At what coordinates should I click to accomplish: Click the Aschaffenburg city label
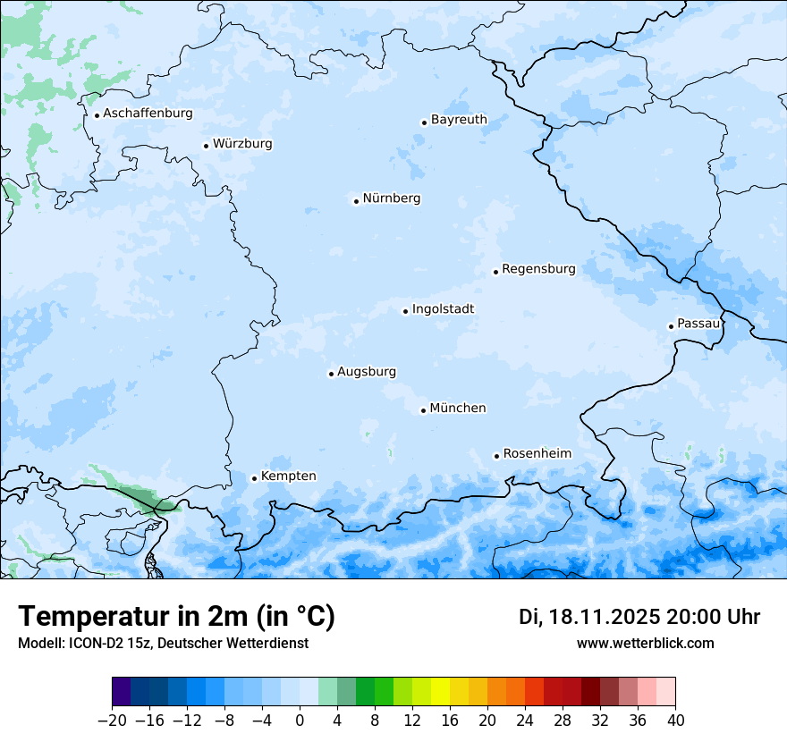[x=148, y=114]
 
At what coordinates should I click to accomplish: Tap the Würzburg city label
[x=242, y=144]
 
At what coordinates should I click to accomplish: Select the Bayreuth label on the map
[x=459, y=120]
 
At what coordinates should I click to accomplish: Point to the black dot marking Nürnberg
[x=356, y=201]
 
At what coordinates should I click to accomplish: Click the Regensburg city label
[x=538, y=269]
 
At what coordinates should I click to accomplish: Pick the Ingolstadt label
[x=443, y=309]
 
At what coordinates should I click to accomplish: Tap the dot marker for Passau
[x=671, y=326]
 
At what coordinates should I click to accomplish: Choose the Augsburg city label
[x=367, y=372]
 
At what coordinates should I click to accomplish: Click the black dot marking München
[x=423, y=411]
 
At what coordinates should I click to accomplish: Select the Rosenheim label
[x=537, y=454]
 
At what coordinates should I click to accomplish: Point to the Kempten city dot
[x=254, y=478]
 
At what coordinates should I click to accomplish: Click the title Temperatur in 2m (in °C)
[x=176, y=617]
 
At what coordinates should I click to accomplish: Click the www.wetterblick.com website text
[x=645, y=643]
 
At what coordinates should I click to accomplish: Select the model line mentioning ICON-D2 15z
[x=163, y=643]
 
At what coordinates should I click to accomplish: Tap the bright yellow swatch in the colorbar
[x=440, y=692]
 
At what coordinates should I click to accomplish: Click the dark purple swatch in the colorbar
[x=122, y=692]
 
